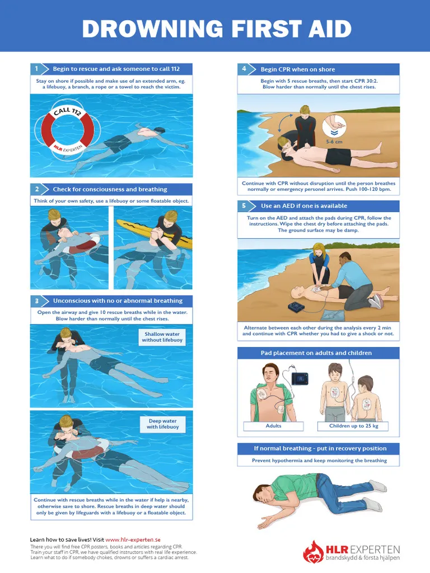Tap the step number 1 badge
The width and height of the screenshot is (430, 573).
36,69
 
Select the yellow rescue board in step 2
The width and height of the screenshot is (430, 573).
153,234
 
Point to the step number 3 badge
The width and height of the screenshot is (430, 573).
36,300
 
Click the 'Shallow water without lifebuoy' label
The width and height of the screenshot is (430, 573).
162,337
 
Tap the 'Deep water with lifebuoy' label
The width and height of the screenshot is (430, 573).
163,424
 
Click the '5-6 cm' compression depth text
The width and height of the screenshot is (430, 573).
334,142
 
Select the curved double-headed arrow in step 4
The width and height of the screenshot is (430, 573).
284,123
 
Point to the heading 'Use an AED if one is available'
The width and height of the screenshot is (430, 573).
304,206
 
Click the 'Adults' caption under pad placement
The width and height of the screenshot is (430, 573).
273,426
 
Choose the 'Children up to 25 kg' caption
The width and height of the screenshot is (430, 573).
354,426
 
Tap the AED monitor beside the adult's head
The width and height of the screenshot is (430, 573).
300,379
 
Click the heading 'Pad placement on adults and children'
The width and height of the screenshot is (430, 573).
316,353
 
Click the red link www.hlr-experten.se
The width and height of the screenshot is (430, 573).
133,539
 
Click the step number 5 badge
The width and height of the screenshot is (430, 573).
244,206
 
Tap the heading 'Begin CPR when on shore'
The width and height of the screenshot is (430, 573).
298,69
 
